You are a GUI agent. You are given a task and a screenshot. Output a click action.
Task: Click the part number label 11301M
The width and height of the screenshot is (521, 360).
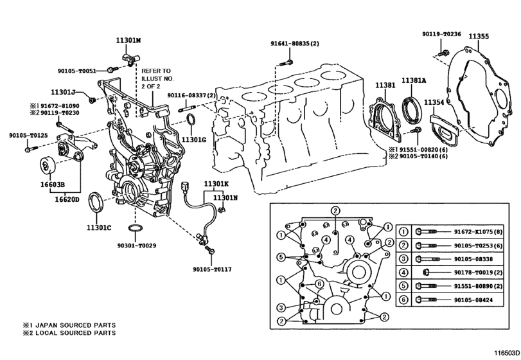click(x=128, y=40)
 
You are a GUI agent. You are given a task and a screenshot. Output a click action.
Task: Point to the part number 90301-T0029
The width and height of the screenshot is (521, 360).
click(x=136, y=246)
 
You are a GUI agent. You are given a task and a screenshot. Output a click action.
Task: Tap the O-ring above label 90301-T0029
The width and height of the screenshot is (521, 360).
click(x=136, y=230)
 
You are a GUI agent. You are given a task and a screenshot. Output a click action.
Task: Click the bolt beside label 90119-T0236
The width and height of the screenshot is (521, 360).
click(x=443, y=50)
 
